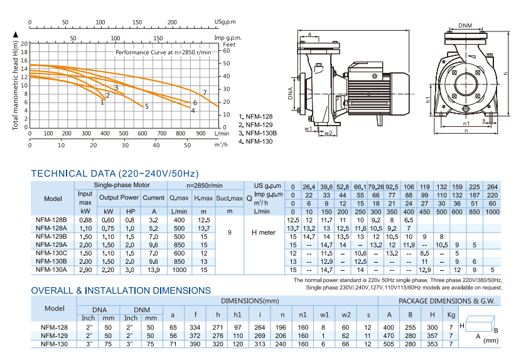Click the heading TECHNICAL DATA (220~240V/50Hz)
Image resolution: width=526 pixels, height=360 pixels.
pyautogui.click(x=115, y=173)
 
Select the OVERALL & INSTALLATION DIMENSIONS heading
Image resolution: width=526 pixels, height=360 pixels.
pyautogui.click(x=121, y=290)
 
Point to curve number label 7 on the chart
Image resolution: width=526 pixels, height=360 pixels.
pyautogui.click(x=205, y=93)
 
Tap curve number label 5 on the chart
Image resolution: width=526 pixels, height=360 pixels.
pyautogui.click(x=147, y=107)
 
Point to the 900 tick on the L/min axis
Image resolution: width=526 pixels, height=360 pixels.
pyautogui.click(x=201, y=134)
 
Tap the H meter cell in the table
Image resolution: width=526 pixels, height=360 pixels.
pyautogui.click(x=264, y=232)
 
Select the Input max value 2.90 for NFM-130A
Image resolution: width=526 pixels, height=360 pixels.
pyautogui.click(x=85, y=269)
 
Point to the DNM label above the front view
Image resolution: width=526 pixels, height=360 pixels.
pyautogui.click(x=465, y=26)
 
